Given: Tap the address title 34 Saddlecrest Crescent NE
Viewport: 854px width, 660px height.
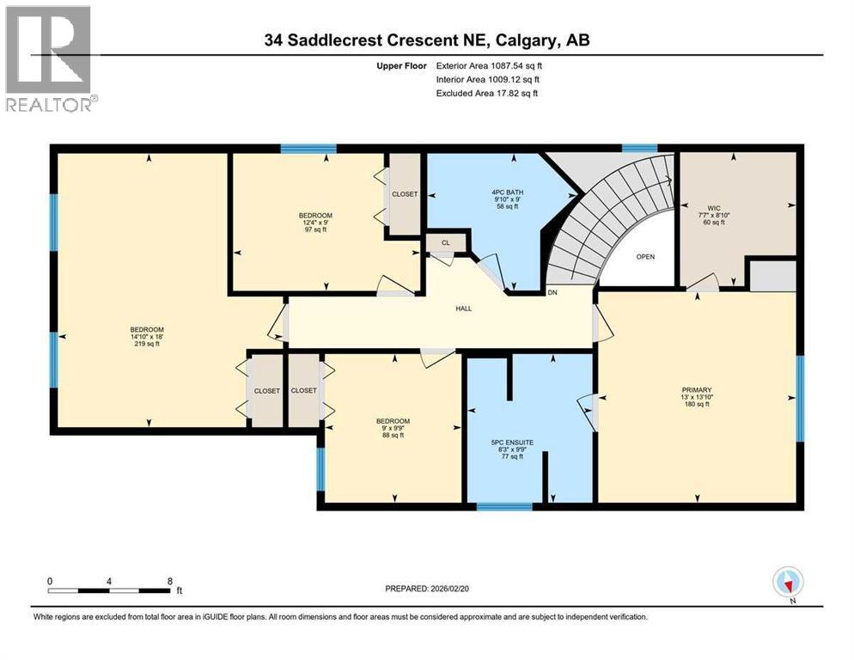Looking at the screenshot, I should click(426, 40).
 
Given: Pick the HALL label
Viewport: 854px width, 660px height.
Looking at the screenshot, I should click(463, 309).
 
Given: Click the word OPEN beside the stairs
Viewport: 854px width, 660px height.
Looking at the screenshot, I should click(645, 256).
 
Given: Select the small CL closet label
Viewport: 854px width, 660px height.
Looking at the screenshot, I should click(445, 243).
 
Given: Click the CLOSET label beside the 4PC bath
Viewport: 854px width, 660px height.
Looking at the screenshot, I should click(404, 194).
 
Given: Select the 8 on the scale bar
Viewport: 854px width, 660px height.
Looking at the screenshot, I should click(170, 581).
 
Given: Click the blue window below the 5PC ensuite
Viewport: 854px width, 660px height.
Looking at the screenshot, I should click(503, 505).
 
